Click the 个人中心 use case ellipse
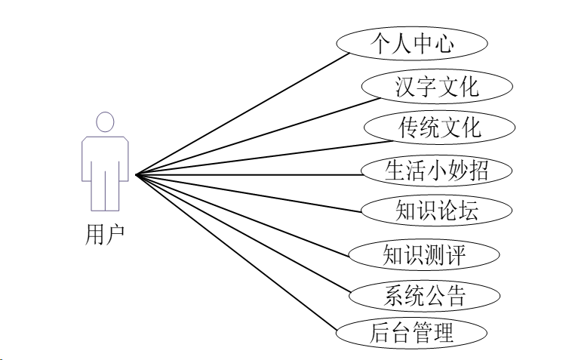(x=411, y=43)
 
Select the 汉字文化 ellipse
(x=437, y=86)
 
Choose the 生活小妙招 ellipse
(x=436, y=170)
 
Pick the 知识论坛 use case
(x=436, y=211)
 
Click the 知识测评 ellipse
(x=425, y=254)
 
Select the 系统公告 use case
(x=425, y=294)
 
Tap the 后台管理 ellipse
(x=411, y=333)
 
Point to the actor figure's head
(x=105, y=122)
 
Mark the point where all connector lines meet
(x=137, y=175)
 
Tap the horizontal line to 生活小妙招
(x=249, y=175)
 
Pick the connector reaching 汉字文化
(x=249, y=131)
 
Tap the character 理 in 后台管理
(x=443, y=333)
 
